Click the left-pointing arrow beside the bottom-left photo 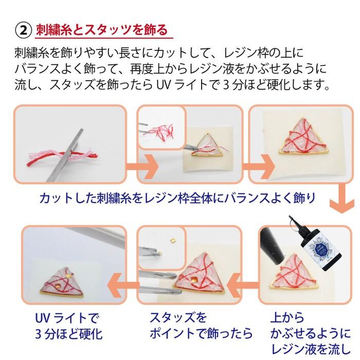click(126, 280)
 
